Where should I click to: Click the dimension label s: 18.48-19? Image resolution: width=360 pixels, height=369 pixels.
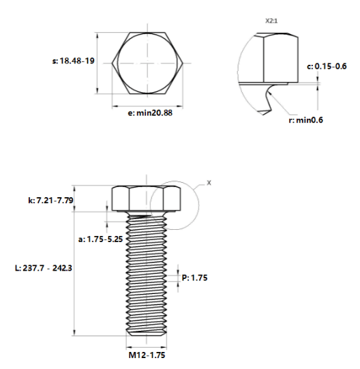coord(73,61)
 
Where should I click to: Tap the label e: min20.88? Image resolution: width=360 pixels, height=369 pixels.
coord(150,113)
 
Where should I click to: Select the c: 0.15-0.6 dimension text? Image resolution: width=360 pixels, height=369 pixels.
coord(327,66)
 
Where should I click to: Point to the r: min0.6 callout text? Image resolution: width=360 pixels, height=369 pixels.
coord(305,120)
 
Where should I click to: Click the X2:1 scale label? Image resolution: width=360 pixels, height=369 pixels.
coord(271,21)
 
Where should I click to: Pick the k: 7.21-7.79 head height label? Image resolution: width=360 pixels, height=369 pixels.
coord(50,201)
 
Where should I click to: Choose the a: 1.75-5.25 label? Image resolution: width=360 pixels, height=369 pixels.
coord(100,239)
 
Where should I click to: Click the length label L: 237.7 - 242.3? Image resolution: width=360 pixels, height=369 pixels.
coord(44,268)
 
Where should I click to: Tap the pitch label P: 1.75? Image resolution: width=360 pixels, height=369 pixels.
coord(194,278)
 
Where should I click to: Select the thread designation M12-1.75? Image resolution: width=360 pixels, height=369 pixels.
coord(147,355)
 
